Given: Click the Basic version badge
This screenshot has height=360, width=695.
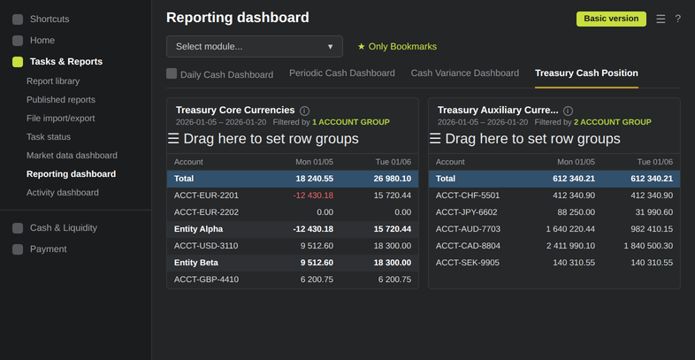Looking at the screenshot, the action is [x=611, y=19].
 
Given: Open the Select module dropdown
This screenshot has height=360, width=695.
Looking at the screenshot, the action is [x=255, y=47].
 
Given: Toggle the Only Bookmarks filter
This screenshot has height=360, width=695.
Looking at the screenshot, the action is [x=397, y=47].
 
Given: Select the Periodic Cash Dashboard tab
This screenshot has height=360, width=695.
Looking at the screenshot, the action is [x=341, y=73].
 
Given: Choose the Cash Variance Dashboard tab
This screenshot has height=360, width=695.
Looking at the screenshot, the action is [x=464, y=73].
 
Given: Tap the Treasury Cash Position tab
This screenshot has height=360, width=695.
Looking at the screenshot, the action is [x=586, y=73].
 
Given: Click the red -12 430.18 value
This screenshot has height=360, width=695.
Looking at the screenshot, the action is [x=313, y=195].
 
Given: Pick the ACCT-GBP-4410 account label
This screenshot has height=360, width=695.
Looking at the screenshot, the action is [x=206, y=280].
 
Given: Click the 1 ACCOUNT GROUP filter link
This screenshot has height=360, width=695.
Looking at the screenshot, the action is [x=351, y=122].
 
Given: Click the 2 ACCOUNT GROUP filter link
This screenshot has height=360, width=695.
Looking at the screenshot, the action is [x=613, y=122].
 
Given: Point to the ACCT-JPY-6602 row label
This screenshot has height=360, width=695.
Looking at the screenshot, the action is [x=466, y=212].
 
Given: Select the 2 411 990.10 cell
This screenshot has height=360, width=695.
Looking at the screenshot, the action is [x=572, y=246].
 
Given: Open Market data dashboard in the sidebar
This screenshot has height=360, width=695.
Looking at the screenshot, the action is [x=72, y=156].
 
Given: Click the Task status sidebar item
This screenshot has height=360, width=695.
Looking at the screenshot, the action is [x=49, y=137].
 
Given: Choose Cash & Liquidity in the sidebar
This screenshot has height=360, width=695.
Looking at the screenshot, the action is [x=64, y=228].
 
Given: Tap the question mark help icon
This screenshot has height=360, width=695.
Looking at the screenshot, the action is [x=677, y=19].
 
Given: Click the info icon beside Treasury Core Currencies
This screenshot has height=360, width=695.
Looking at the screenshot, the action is [x=304, y=111].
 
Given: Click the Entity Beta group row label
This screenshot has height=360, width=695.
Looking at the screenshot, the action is [x=196, y=263].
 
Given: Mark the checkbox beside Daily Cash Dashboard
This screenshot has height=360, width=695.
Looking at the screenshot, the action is [x=172, y=73].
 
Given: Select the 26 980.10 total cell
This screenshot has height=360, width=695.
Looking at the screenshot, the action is [x=391, y=179].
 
